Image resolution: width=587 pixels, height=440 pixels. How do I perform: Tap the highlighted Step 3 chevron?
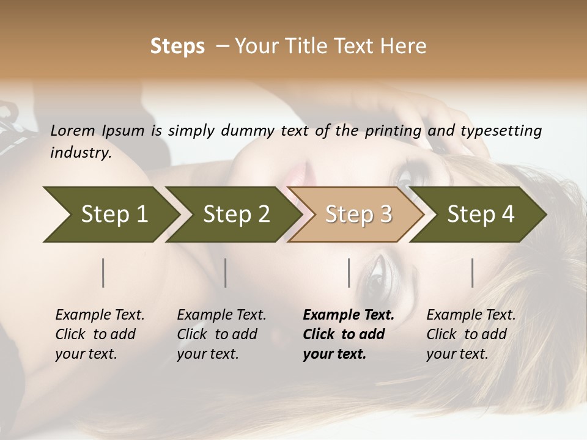click(358, 214)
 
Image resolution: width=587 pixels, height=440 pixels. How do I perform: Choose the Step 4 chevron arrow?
click(481, 214)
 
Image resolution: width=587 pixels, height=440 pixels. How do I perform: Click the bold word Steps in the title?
click(177, 46)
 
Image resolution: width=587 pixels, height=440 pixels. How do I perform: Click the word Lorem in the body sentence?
click(73, 131)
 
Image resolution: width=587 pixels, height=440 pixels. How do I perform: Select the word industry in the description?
click(80, 153)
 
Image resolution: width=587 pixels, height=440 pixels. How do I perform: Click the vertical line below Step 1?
click(103, 273)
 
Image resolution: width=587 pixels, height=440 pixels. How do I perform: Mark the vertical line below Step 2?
click(226, 273)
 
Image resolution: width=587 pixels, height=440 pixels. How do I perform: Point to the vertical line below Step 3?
click(349, 273)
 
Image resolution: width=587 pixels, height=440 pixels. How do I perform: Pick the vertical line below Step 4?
click(473, 273)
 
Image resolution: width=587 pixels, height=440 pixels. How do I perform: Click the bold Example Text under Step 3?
click(349, 315)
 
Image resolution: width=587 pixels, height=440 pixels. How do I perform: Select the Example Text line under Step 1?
click(100, 315)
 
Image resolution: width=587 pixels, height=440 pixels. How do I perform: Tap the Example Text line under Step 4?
click(471, 315)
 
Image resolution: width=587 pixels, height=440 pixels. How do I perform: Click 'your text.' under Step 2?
click(207, 354)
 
